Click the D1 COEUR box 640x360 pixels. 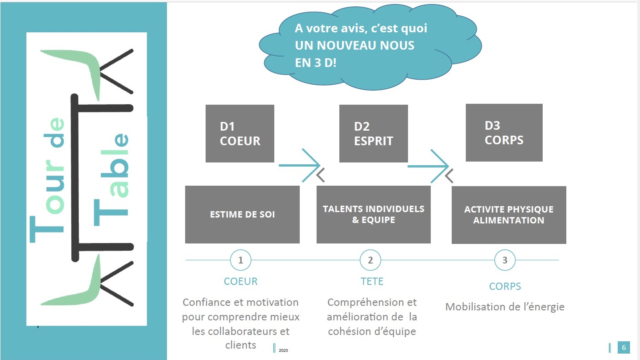click(x=240, y=133)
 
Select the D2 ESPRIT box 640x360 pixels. click(x=373, y=133)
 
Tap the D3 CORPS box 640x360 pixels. click(x=504, y=133)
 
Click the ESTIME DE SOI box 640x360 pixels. click(x=242, y=214)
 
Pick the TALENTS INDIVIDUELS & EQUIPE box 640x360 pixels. click(x=373, y=214)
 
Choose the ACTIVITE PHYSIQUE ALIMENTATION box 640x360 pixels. click(x=509, y=215)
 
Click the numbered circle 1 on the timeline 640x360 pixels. click(x=240, y=260)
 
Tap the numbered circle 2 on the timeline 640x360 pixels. click(x=370, y=260)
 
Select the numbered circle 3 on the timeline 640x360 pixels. click(x=505, y=260)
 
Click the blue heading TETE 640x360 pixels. click(x=372, y=281)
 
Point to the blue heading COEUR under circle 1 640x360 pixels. click(x=241, y=281)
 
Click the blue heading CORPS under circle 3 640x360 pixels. click(x=505, y=286)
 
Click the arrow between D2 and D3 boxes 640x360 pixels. click(x=428, y=166)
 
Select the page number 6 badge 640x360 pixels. click(x=624, y=347)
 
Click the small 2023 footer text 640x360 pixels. click(x=283, y=350)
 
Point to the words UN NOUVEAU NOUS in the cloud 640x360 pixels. click(x=355, y=45)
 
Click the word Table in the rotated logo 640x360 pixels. click(x=111, y=180)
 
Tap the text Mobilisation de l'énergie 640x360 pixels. click(x=505, y=307)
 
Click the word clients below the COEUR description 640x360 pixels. click(x=241, y=345)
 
